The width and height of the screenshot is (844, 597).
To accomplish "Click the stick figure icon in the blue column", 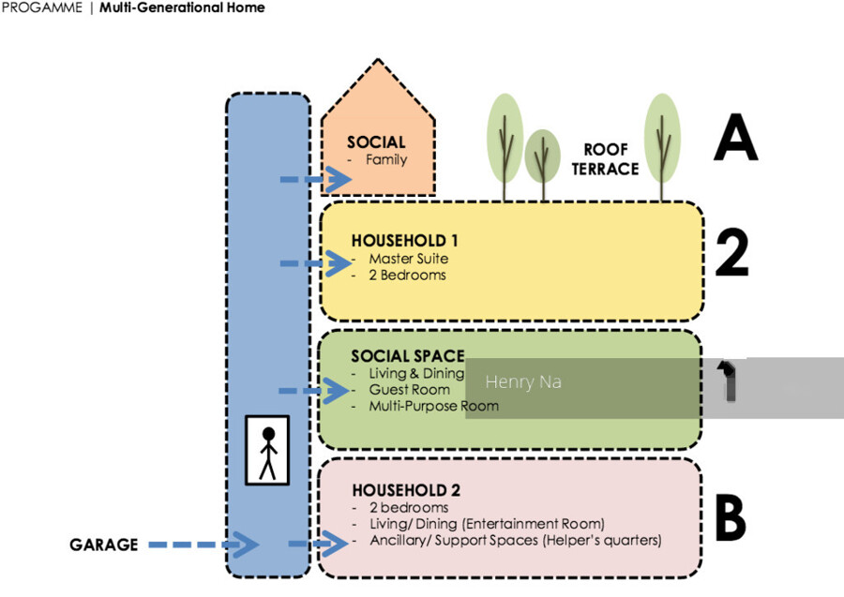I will (267, 451).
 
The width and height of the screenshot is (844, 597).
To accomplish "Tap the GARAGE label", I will (103, 545).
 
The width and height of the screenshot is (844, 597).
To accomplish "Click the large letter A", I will (734, 141).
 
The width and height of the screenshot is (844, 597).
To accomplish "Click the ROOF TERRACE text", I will (610, 159).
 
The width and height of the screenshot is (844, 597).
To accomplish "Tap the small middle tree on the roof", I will (542, 157).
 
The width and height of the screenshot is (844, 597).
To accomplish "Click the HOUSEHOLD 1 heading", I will (404, 241).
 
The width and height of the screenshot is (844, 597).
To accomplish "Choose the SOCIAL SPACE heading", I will (408, 356).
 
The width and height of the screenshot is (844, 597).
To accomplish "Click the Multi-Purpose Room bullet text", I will (433, 406).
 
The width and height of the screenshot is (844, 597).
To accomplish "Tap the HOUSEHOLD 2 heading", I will (406, 490).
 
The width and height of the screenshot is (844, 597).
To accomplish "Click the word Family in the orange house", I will (386, 159).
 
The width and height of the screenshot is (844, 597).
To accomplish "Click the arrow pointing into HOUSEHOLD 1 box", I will (315, 264).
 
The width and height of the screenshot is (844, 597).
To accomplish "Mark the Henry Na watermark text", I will (523, 382).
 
